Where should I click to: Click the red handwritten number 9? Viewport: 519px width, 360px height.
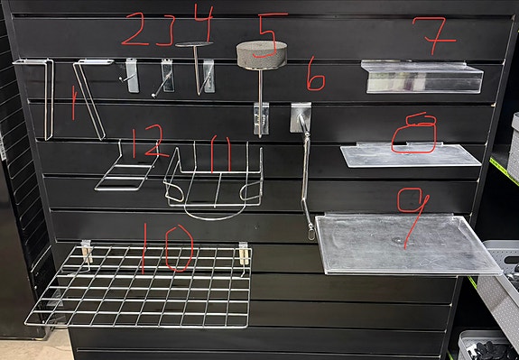pos(412,217)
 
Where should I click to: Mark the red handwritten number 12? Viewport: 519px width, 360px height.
pos(149,142)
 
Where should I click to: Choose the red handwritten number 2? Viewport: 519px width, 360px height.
pos(135,29)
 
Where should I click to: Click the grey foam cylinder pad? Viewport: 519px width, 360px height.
pos(262,55)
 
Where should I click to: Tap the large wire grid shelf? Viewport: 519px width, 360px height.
pos(139,286)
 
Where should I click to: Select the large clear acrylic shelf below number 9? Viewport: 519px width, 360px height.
pos(407,244)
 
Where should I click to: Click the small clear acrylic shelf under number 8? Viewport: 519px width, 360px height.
pos(411,155)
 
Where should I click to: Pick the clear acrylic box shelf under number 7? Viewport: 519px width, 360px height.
pos(422,77)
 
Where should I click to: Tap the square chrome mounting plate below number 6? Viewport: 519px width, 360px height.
pos(301,117)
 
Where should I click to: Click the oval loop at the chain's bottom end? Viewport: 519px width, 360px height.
pos(311,235)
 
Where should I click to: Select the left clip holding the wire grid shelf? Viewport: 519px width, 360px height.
pos(87,252)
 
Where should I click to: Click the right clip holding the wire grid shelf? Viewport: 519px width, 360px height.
pos(245,254)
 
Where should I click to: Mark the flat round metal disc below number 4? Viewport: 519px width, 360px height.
pos(194,44)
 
